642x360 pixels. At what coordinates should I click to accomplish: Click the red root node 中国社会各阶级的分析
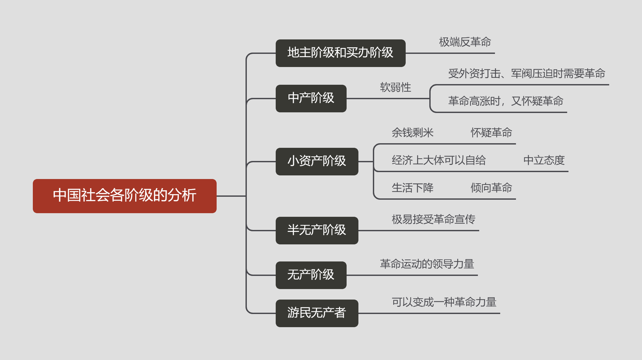pyautogui.click(x=125, y=196)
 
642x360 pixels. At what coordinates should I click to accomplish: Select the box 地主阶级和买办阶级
pyautogui.click(x=341, y=53)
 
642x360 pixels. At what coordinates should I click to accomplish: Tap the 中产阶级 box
pyautogui.click(x=311, y=99)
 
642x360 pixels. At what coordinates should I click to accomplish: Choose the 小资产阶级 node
pyautogui.click(x=317, y=162)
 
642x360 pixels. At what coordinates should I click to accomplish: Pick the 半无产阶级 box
pyautogui.click(x=317, y=231)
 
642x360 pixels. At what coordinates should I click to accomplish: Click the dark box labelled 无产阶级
pyautogui.click(x=311, y=275)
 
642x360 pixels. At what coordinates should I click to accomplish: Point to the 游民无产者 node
pyautogui.click(x=317, y=313)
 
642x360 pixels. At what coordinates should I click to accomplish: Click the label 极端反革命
pyautogui.click(x=465, y=42)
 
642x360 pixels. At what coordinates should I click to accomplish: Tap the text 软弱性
pyautogui.click(x=396, y=87)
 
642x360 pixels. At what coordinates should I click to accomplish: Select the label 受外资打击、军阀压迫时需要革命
pyautogui.click(x=527, y=74)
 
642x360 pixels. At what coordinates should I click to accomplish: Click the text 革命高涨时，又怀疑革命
pyautogui.click(x=506, y=101)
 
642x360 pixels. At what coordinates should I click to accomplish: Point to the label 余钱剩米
pyautogui.click(x=413, y=133)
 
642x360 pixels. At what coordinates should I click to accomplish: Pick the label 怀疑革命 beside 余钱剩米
pyautogui.click(x=491, y=133)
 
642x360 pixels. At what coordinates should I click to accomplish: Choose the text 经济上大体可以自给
pyautogui.click(x=439, y=160)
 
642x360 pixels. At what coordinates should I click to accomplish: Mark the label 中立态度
pyautogui.click(x=544, y=160)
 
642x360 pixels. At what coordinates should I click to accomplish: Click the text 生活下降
pyautogui.click(x=413, y=188)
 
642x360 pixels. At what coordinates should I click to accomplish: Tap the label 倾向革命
pyautogui.click(x=491, y=188)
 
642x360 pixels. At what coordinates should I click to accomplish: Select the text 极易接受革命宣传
pyautogui.click(x=434, y=219)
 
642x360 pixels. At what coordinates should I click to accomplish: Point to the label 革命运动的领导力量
pyautogui.click(x=427, y=264)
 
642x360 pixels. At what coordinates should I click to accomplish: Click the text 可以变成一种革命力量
pyautogui.click(x=444, y=302)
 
